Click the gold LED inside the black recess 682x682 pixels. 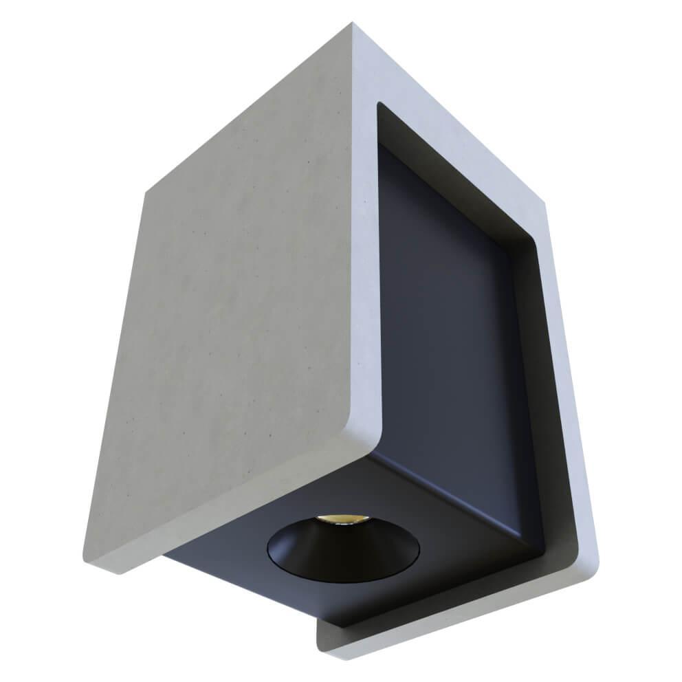coord(341,520)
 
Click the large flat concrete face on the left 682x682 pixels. coord(234,309)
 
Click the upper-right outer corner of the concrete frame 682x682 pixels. coord(544,203)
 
